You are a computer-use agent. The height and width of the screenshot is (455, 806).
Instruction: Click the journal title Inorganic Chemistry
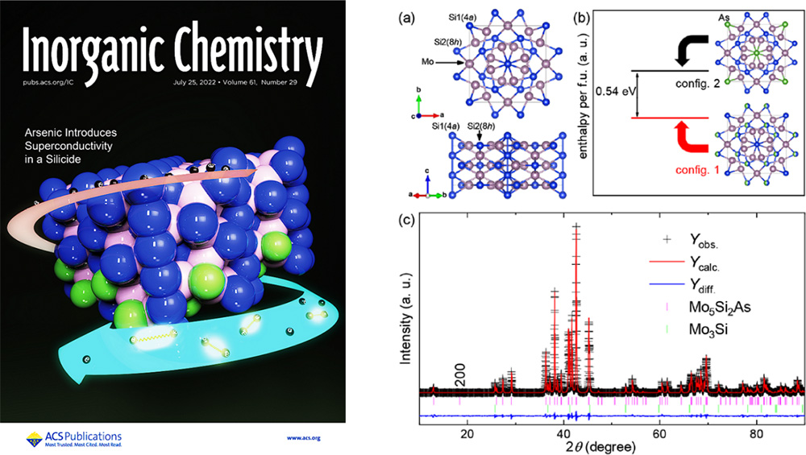point(172,49)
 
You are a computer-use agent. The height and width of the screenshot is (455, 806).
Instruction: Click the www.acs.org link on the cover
point(304,437)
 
